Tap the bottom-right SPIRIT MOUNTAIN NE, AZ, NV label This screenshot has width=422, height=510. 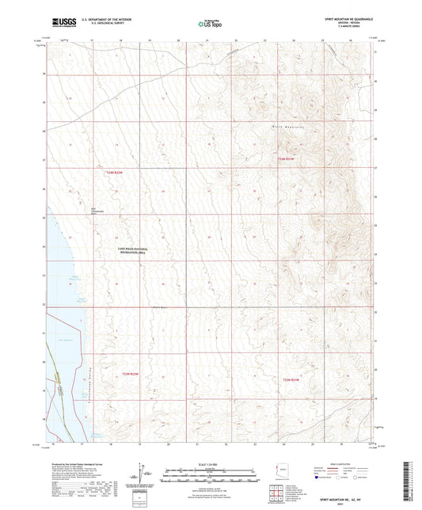(351, 498)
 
